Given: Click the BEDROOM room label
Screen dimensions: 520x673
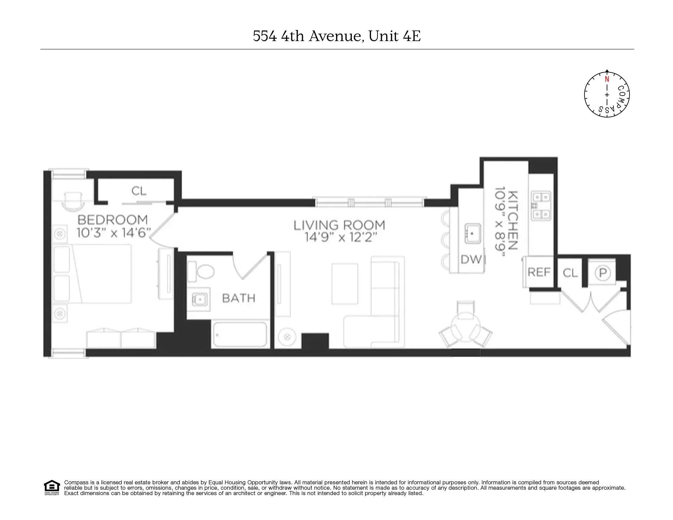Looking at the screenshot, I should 112,220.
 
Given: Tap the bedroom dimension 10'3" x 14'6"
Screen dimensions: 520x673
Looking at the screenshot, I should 113,233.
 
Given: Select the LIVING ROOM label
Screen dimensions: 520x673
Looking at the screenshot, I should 339,225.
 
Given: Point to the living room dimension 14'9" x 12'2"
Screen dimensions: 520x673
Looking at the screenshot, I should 341,237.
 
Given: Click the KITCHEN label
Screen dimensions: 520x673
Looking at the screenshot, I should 512,220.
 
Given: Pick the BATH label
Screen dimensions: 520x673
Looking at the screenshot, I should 239,298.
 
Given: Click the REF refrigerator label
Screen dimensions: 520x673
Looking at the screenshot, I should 539,272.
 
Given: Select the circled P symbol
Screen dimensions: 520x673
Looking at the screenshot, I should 602,273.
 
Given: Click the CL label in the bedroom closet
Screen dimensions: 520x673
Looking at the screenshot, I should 139,191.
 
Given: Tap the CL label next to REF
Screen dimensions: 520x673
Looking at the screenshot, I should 570,273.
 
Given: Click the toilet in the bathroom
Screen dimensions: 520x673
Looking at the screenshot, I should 205,271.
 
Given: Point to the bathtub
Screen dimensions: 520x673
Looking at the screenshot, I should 240,334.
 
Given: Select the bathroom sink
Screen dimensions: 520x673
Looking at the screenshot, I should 200,299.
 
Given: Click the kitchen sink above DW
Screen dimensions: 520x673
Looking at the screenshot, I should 473,233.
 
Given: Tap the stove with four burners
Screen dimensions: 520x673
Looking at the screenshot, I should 541,205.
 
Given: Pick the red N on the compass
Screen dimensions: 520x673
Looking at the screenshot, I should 607,79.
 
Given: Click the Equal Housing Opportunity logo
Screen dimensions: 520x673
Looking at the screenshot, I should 52,487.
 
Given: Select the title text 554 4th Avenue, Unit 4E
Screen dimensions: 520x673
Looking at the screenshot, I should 337,36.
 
